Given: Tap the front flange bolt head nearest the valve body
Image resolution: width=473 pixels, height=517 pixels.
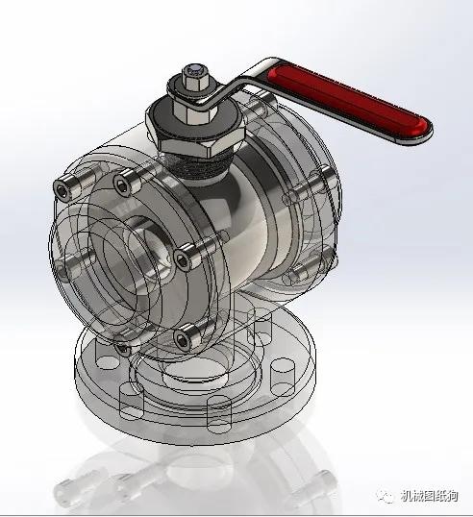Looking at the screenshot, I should (186, 257).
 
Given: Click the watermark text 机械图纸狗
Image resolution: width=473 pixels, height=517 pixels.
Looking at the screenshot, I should (427, 496).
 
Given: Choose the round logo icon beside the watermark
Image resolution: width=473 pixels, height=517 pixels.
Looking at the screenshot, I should (385, 496).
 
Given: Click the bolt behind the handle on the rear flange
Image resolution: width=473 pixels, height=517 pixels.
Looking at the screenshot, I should (252, 99).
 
